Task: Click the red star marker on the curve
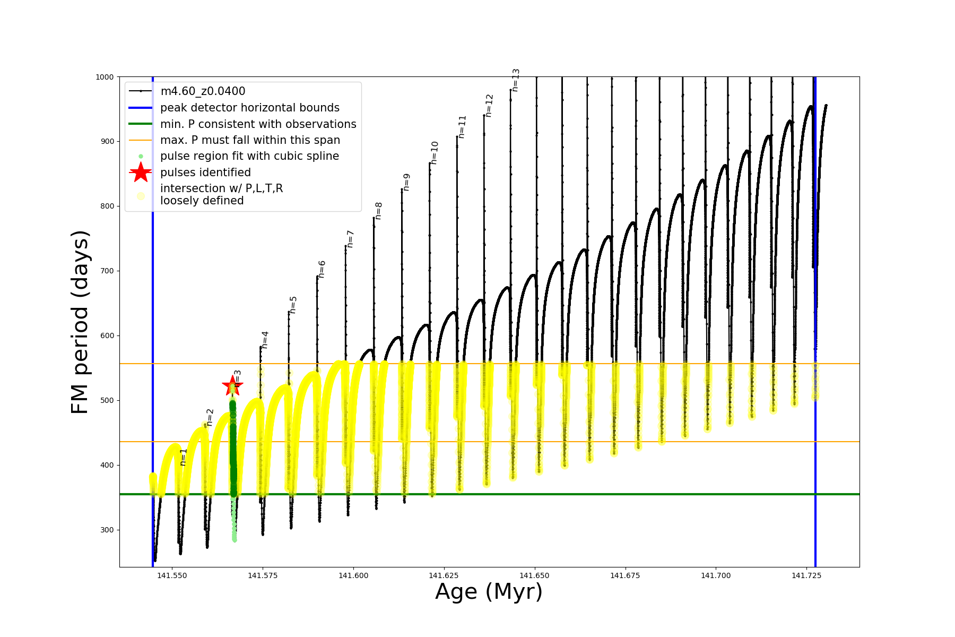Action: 232,386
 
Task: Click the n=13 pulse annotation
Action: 515,80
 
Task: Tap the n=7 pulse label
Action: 350,239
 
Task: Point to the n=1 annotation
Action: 184,457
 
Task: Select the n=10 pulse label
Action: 435,153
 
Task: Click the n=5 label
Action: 293,305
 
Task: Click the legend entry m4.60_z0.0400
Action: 203,91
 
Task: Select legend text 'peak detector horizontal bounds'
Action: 249,108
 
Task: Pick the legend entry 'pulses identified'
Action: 205,173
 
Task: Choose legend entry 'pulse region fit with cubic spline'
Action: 249,156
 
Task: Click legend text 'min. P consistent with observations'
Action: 258,124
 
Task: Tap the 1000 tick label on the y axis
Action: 105,77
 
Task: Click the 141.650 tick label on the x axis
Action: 535,575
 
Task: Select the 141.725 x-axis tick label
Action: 806,575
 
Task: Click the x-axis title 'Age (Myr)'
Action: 489,592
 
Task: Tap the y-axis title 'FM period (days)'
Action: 80,322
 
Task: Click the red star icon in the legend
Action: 141,173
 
